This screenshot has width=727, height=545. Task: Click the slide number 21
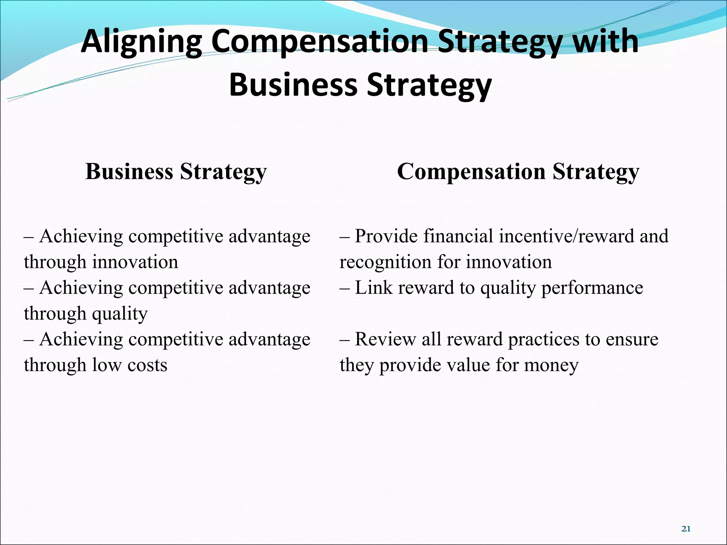click(x=686, y=529)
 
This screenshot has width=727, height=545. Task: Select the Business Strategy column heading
click(x=176, y=172)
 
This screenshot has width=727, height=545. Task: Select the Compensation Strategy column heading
click(x=518, y=172)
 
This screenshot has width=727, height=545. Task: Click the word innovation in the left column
click(x=135, y=262)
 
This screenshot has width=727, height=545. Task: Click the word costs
click(x=147, y=365)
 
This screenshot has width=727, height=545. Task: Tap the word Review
click(x=385, y=339)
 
